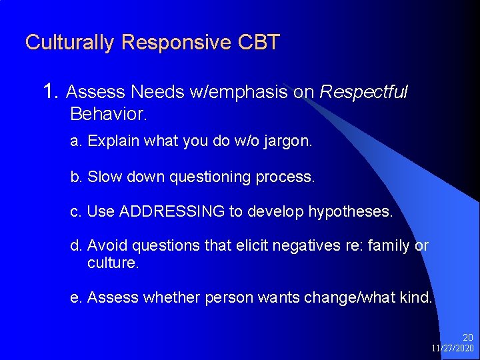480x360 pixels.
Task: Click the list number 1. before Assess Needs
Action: point(51,91)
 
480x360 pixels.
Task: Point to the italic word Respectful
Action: point(363,92)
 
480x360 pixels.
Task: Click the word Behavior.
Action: point(107,114)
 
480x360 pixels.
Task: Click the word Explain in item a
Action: point(111,142)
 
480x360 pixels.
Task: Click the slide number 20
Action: point(468,338)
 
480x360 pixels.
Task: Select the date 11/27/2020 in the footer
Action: point(453,349)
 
